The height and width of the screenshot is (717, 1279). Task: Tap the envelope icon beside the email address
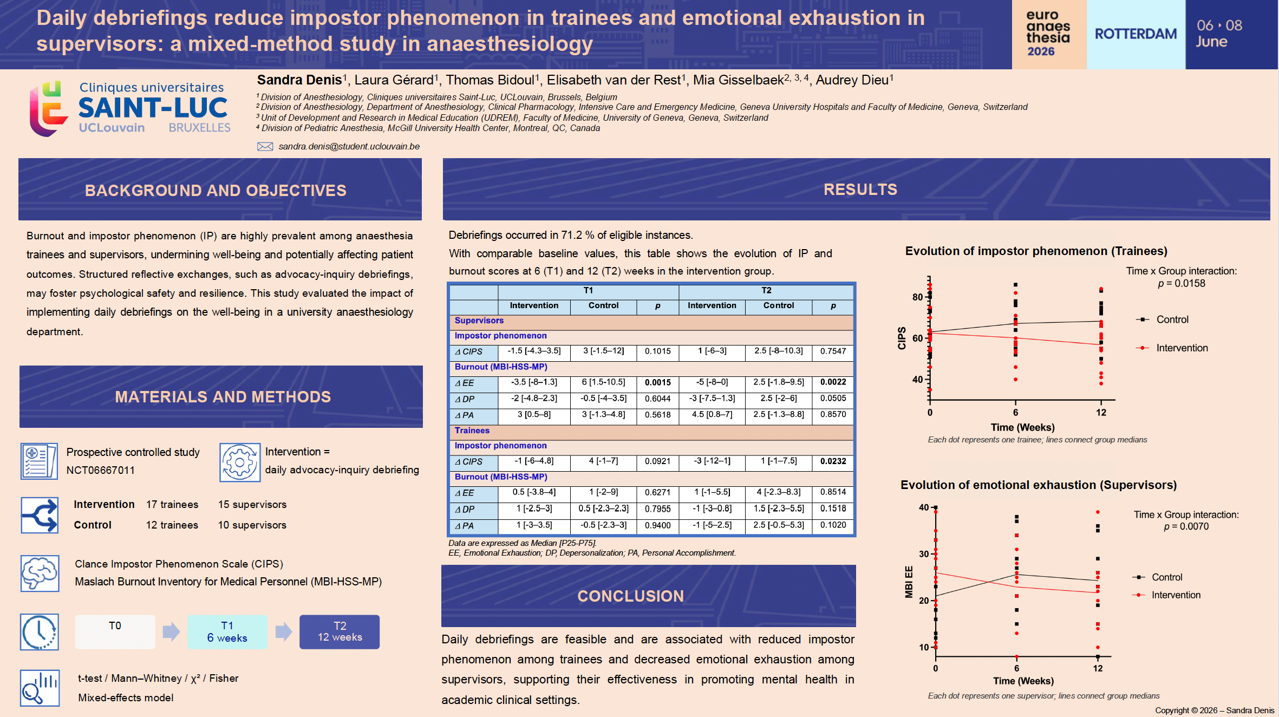click(x=265, y=147)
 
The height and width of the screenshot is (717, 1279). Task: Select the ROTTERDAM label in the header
click(x=1136, y=34)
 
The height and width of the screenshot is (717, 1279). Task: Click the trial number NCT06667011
click(x=101, y=470)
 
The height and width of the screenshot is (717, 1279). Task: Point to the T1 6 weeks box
click(x=227, y=632)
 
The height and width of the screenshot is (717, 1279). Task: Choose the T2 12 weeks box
click(x=340, y=632)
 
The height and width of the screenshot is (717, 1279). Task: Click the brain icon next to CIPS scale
click(x=40, y=573)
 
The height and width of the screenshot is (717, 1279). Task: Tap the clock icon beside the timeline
click(x=40, y=632)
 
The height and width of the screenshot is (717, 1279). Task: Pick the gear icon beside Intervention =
click(x=239, y=462)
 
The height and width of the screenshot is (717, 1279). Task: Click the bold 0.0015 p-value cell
click(x=657, y=382)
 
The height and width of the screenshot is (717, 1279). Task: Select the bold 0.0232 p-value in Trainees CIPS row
click(x=833, y=461)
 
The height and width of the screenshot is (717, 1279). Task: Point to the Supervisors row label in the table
click(x=479, y=321)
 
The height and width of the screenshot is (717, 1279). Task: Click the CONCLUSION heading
click(x=630, y=596)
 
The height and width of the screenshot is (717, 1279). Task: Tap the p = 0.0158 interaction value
click(x=1182, y=284)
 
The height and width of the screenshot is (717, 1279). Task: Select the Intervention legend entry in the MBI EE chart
click(x=1166, y=595)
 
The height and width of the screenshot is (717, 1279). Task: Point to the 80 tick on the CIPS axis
click(x=917, y=297)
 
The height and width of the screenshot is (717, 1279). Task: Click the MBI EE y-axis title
click(x=909, y=582)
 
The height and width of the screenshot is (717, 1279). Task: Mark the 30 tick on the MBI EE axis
click(x=924, y=554)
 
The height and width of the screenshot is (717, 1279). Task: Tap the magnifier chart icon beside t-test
click(x=40, y=688)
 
